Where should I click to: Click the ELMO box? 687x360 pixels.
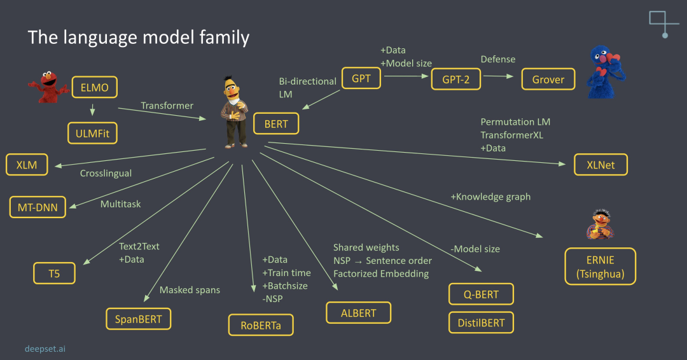[95, 87]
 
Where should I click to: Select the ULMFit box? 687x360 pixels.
[92, 134]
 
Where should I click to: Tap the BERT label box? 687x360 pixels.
[276, 124]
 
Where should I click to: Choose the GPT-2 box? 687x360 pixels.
[456, 80]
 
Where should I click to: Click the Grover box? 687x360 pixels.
[548, 80]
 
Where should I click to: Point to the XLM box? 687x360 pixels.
[27, 165]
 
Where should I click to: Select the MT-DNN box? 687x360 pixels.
[38, 207]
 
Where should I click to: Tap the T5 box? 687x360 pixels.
[55, 273]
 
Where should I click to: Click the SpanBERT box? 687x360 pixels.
[139, 318]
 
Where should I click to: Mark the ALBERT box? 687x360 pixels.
[358, 313]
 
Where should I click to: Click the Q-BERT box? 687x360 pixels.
[481, 294]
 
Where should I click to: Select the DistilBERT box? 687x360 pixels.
[481, 322]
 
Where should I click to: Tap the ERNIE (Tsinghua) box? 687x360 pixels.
[600, 266]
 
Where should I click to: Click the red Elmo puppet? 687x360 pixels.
[48, 87]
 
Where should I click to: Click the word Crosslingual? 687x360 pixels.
[106, 173]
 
